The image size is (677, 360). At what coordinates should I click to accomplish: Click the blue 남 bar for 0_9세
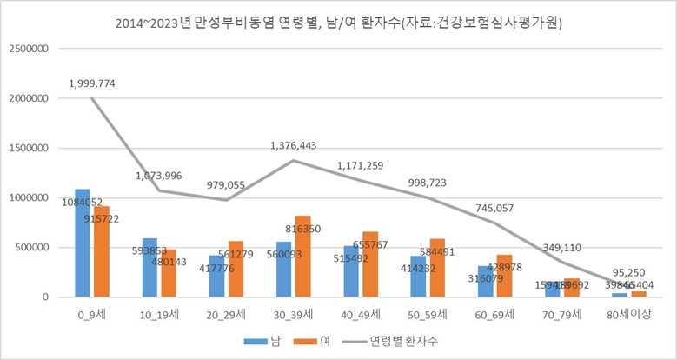pyautogui.click(x=83, y=243)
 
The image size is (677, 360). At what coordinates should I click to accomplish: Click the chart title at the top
pyautogui.click(x=338, y=23)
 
